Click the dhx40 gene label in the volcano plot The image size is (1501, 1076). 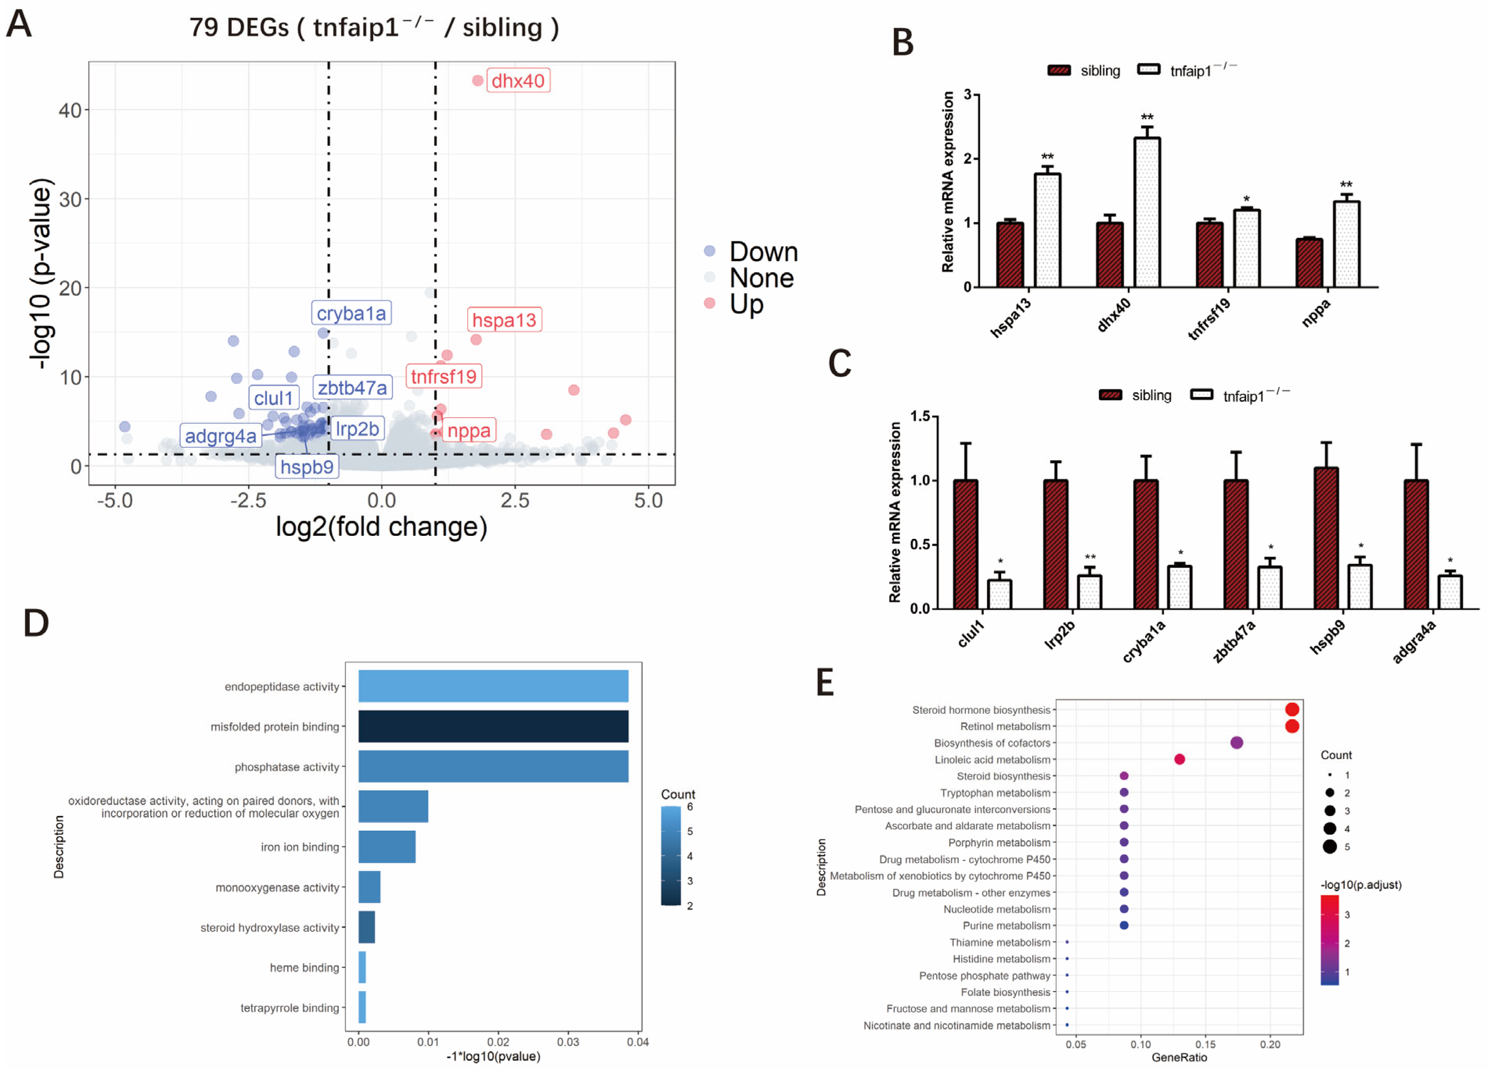pos(518,81)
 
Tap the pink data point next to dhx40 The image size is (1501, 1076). pos(478,81)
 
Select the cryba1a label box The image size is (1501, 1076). pos(351,313)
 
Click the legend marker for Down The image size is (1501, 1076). pos(710,251)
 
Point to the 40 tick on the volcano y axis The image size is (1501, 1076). pos(70,111)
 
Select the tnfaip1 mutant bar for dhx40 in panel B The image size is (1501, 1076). pos(1147,212)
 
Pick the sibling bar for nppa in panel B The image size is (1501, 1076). pos(1309,263)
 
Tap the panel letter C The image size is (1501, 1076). pos(840,363)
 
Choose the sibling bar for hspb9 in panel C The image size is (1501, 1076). pos(1326,537)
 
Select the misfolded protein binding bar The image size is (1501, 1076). pos(493,727)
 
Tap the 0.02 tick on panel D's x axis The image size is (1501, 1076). pos(498,1042)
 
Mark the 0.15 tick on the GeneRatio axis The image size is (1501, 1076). pos(1205,1045)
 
